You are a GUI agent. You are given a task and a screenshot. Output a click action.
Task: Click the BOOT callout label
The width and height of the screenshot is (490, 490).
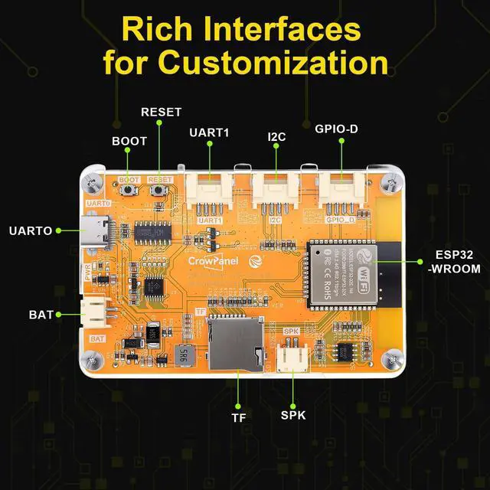(129, 142)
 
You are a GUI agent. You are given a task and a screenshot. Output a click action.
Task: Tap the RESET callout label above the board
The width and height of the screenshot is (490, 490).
(161, 112)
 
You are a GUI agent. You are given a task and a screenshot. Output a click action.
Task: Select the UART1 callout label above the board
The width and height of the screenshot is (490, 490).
(209, 132)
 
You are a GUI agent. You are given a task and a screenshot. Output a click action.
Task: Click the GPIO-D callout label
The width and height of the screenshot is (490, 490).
(336, 129)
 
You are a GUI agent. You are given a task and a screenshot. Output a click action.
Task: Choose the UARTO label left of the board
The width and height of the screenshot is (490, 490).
(31, 230)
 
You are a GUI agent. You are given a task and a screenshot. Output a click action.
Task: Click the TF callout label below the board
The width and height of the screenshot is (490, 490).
(238, 418)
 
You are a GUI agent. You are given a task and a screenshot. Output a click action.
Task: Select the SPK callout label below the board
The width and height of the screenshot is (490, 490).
(293, 416)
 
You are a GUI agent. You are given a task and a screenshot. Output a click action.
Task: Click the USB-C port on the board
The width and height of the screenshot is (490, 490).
(96, 230)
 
